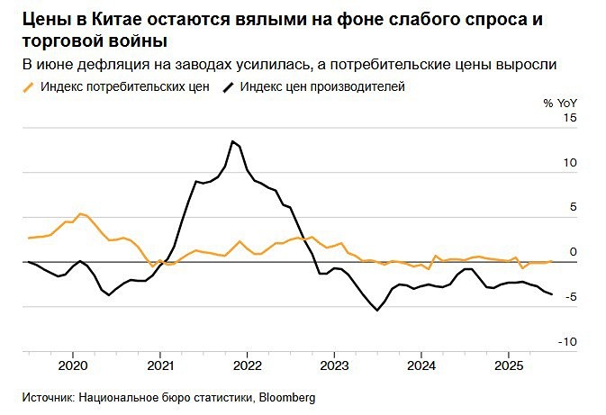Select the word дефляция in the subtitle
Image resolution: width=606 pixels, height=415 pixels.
[113, 65]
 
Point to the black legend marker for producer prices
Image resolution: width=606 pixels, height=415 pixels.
[229, 86]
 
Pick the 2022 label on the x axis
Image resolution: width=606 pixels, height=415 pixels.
[246, 366]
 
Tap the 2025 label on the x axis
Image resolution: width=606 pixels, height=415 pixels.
[509, 366]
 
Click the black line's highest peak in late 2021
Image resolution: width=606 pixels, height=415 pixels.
[232, 141]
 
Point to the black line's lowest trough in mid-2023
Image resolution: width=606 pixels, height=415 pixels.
[377, 310]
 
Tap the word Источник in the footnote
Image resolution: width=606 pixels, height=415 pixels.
[48, 397]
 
